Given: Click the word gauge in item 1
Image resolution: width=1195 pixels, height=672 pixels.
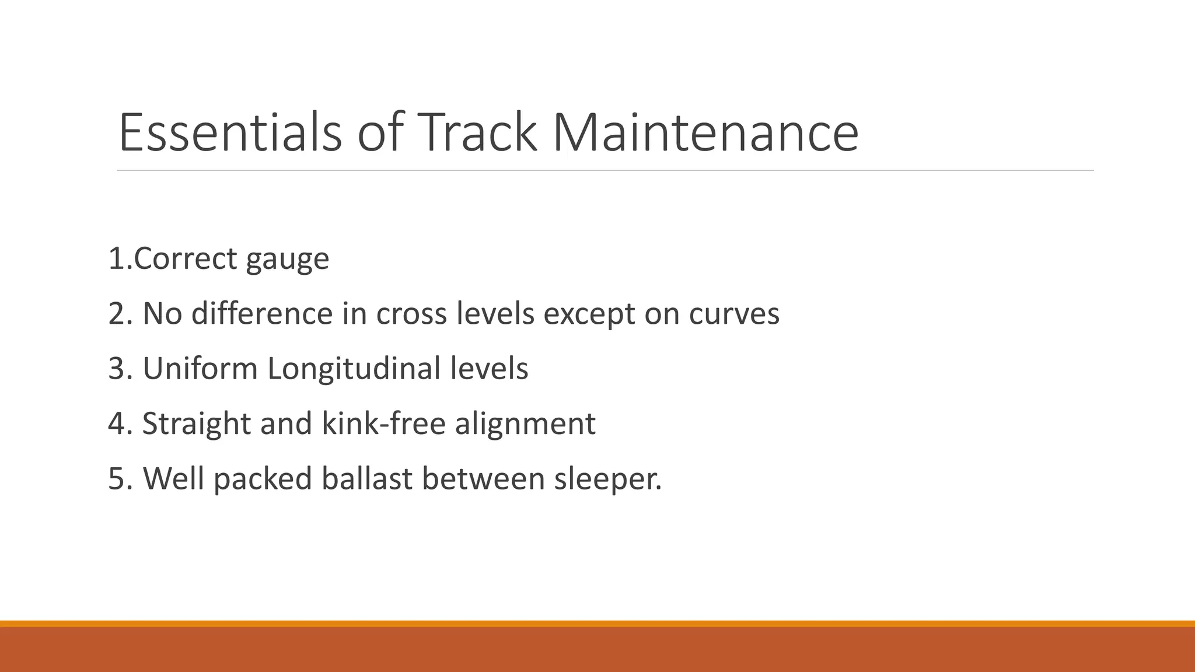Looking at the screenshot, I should pos(287,260).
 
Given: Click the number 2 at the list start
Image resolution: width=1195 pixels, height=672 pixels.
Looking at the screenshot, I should pos(116,314).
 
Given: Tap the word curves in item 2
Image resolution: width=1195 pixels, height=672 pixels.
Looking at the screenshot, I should pos(734,314).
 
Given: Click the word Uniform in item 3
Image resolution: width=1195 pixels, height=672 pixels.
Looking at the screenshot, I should pos(200,369).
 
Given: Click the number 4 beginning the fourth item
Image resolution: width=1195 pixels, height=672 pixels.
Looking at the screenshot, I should pos(116,423).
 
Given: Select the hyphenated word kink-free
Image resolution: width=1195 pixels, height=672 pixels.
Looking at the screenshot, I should pos(383,423).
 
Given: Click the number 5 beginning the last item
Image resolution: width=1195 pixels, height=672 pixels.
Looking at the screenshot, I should pos(116,478).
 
